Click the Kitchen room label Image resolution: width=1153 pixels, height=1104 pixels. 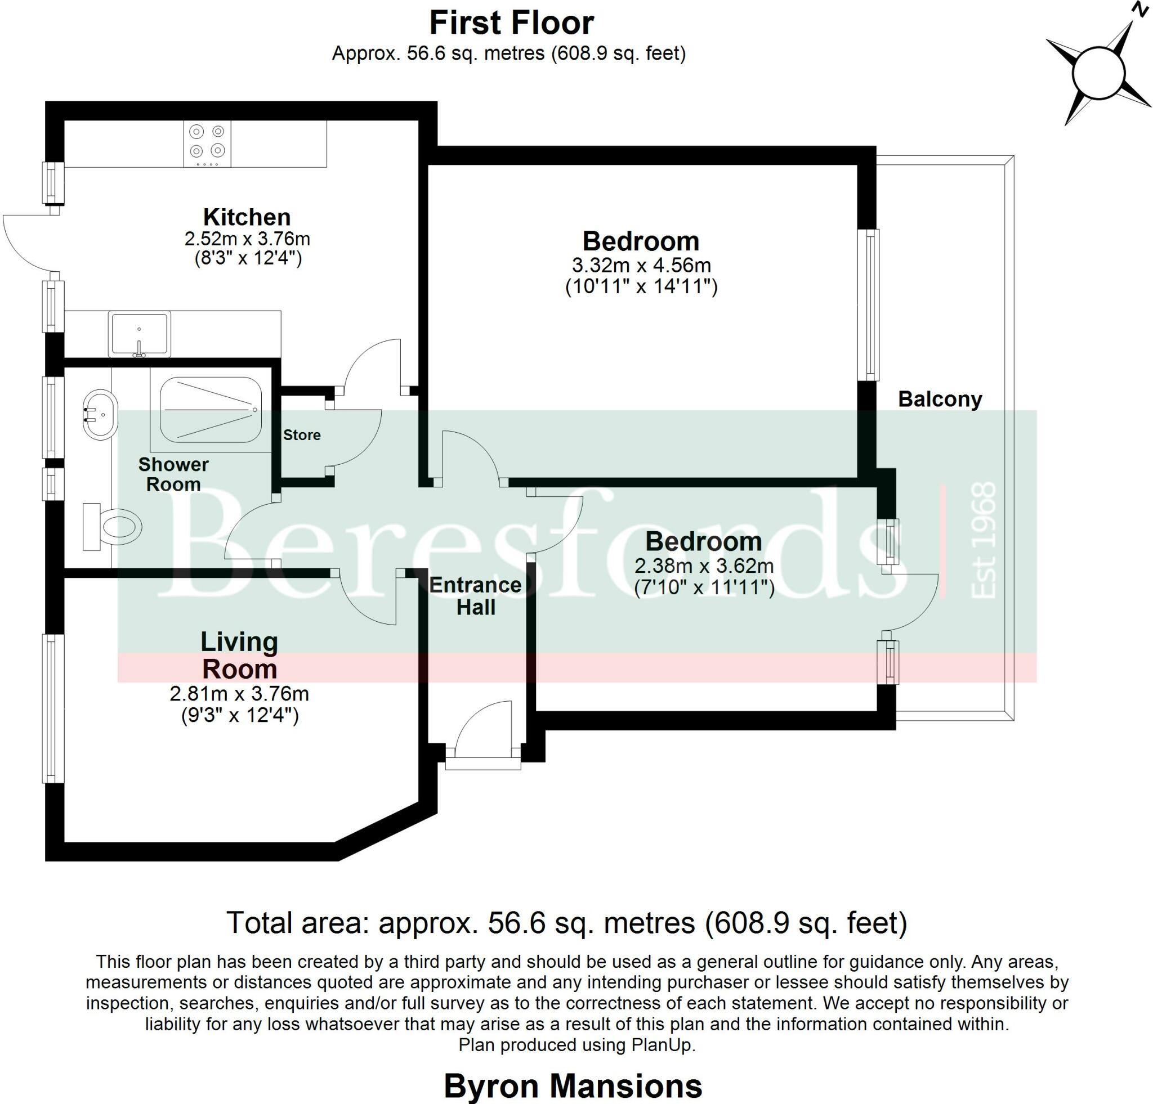point(247,217)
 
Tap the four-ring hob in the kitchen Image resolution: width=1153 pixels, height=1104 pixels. point(207,143)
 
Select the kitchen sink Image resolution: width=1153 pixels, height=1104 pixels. point(140,334)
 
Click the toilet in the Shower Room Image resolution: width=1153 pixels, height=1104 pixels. point(113,526)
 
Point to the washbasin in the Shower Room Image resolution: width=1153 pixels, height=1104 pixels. point(101,415)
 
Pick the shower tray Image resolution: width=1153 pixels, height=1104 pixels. point(211,410)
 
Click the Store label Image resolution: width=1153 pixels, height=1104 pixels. point(302,435)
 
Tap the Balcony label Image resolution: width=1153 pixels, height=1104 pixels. point(940,400)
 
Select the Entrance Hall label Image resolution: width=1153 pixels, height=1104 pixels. point(475,596)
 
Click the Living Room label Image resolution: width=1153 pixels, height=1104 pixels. point(239,656)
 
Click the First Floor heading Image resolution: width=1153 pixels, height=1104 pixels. point(512,24)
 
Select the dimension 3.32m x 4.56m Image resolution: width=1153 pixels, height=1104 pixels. point(641,266)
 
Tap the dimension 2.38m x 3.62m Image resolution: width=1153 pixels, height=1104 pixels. point(704,566)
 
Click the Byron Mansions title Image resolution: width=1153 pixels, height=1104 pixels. point(573,1086)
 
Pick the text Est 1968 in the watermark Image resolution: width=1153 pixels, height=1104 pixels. point(983,540)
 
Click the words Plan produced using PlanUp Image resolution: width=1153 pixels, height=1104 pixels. point(576,1044)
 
